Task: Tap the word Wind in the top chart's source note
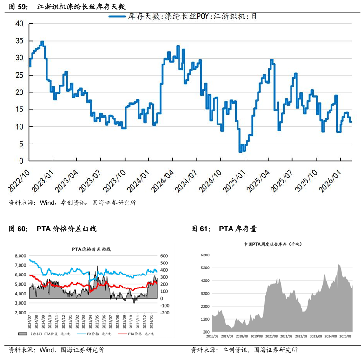point(47,203)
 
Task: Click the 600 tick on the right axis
point(165,256)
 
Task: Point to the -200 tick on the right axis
point(165,313)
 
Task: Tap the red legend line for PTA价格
point(122,334)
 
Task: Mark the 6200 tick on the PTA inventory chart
point(206,255)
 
